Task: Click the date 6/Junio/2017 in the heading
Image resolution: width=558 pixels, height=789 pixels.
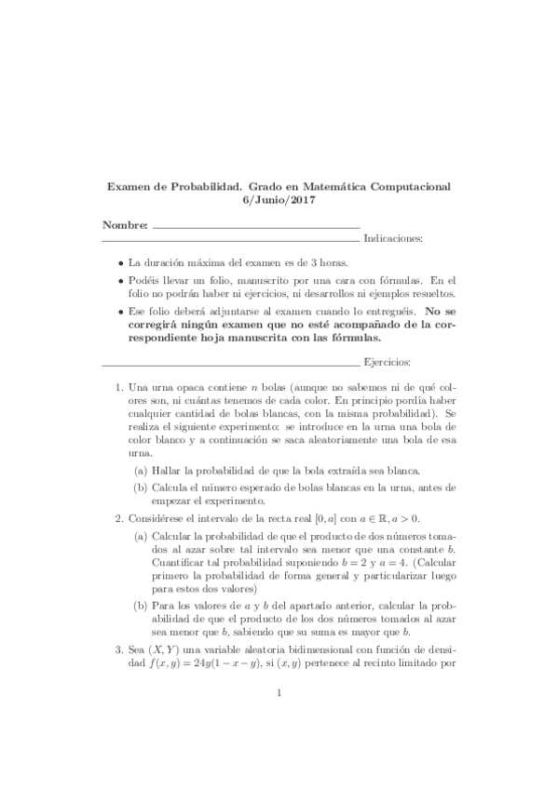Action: pos(279,200)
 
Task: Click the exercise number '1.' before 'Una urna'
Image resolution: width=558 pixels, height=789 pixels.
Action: pos(118,386)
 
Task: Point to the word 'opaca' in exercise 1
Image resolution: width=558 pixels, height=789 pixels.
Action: pos(195,386)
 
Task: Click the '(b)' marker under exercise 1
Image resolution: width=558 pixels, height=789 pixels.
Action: pos(141,487)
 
